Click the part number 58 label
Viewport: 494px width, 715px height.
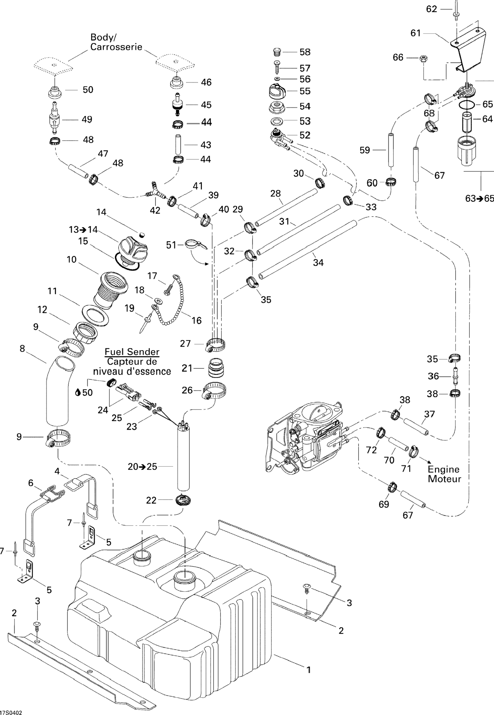305,52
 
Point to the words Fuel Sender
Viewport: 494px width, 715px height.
132,352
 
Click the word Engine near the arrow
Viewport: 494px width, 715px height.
443,469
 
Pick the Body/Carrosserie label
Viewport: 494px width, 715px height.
116,42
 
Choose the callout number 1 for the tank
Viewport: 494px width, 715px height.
308,670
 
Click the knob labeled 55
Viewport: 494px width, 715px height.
278,91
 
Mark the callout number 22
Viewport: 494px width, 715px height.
151,500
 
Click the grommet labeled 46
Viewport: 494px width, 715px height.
176,83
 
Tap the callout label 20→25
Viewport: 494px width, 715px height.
142,466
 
